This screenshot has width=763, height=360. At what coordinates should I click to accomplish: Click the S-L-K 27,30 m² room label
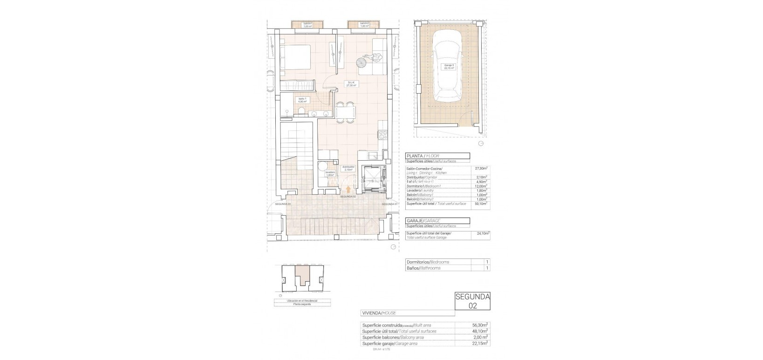coord(351,84)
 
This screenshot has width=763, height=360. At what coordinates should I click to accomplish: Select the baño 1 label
coord(302,100)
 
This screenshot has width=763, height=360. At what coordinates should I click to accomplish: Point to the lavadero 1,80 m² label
coord(330,173)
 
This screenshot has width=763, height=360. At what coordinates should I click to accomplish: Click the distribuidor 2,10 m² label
coord(348,168)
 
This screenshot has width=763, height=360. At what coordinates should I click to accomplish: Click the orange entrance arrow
coord(348,189)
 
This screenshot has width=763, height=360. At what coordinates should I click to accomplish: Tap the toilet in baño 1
coord(302,111)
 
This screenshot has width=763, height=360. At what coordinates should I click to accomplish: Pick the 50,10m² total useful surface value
coord(481,204)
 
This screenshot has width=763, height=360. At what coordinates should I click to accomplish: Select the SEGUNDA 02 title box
coord(472,301)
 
